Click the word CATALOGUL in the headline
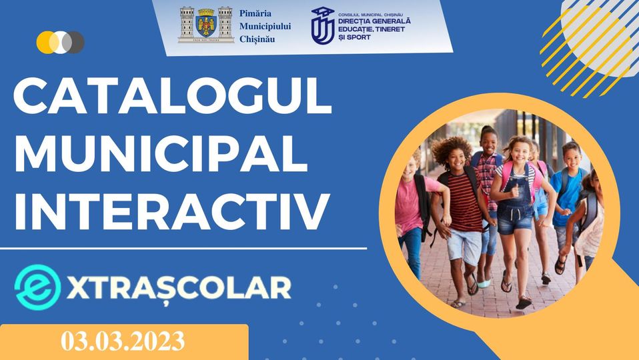(x=173, y=96)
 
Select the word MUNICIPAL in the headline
(x=161, y=153)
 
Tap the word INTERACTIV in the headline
(x=171, y=211)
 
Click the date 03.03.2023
(x=123, y=341)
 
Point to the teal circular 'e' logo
(x=37, y=287)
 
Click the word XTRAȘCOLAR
(x=179, y=288)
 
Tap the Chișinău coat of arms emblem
(x=206, y=25)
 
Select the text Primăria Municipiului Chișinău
(x=265, y=26)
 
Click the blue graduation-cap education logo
(x=323, y=25)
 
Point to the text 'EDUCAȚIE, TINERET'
(x=372, y=29)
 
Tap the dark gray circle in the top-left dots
(x=74, y=43)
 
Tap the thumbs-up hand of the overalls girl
(x=515, y=190)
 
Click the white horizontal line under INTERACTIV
(x=183, y=248)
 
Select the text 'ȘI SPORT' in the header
(x=354, y=37)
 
